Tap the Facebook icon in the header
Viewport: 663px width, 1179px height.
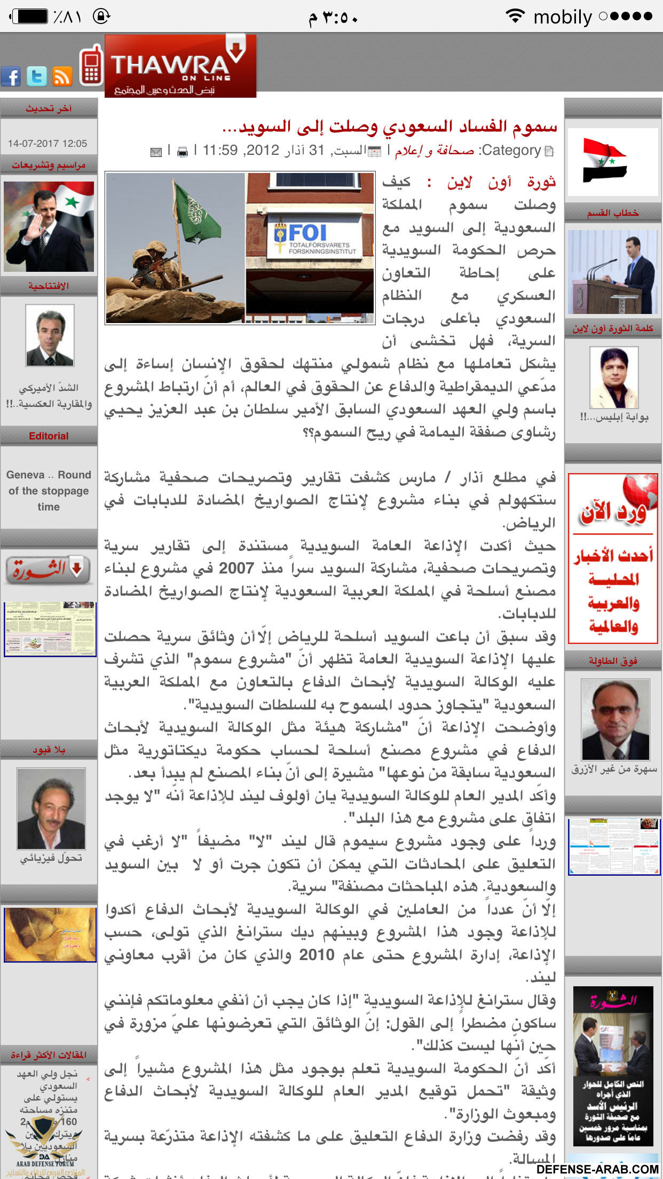tap(11, 76)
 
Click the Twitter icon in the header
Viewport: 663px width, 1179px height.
tap(37, 76)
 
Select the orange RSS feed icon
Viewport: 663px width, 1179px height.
tap(62, 76)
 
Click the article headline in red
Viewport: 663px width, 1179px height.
tap(390, 127)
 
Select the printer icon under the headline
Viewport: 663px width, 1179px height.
tap(183, 152)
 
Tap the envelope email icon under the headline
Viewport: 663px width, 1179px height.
tap(156, 152)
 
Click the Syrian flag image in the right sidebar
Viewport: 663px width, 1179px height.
tap(605, 160)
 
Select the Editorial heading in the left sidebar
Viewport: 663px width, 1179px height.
tap(49, 436)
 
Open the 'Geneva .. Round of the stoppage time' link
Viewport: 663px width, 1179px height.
tap(49, 491)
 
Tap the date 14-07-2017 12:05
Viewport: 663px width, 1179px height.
tap(48, 143)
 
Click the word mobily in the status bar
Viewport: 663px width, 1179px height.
tap(563, 17)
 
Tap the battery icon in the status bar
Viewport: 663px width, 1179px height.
tap(31, 17)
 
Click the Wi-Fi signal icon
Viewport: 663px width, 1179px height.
tap(515, 16)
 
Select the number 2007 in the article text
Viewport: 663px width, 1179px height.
tap(236, 568)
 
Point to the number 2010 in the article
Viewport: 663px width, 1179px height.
tap(317, 955)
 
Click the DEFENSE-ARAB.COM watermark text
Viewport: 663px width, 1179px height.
tap(597, 1169)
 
